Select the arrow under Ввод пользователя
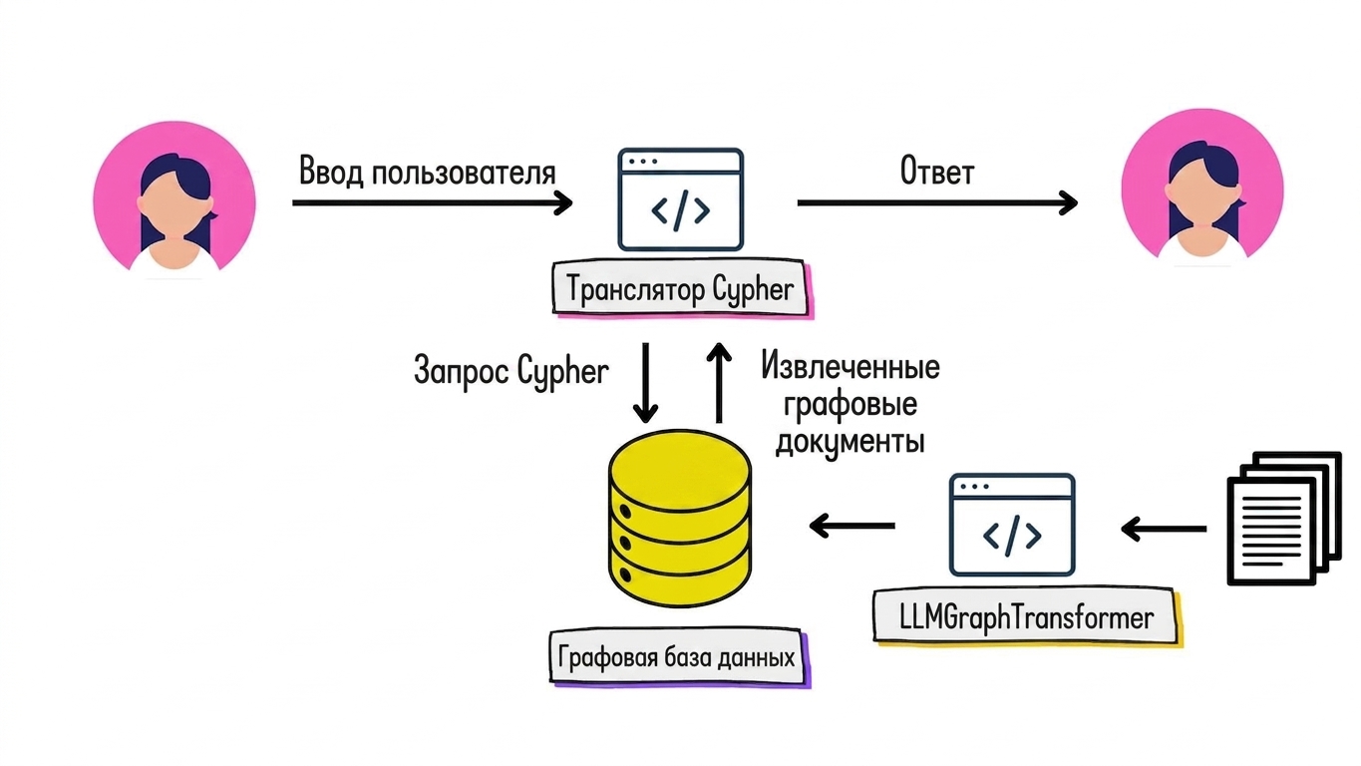[x=433, y=203]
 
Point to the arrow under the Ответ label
[x=937, y=203]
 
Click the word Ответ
[x=937, y=171]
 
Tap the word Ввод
[x=331, y=171]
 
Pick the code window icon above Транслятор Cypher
[x=680, y=199]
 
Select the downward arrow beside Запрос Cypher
[x=645, y=383]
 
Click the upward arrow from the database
[x=720, y=383]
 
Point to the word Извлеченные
[x=851, y=367]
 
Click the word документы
[x=851, y=442]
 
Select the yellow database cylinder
[x=680, y=519]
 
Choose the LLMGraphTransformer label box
[x=1027, y=617]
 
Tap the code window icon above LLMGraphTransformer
[x=1012, y=525]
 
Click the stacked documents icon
[x=1284, y=518]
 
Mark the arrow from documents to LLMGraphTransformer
[x=1164, y=529]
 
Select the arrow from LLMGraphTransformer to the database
[x=851, y=526]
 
